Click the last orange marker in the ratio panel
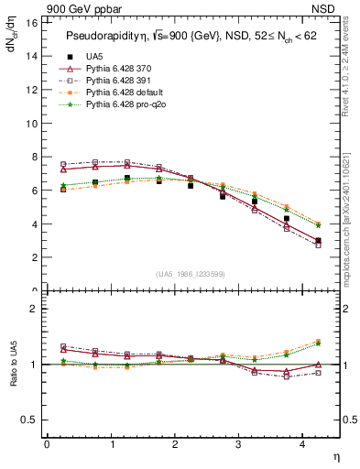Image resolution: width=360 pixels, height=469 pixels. coord(318,341)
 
